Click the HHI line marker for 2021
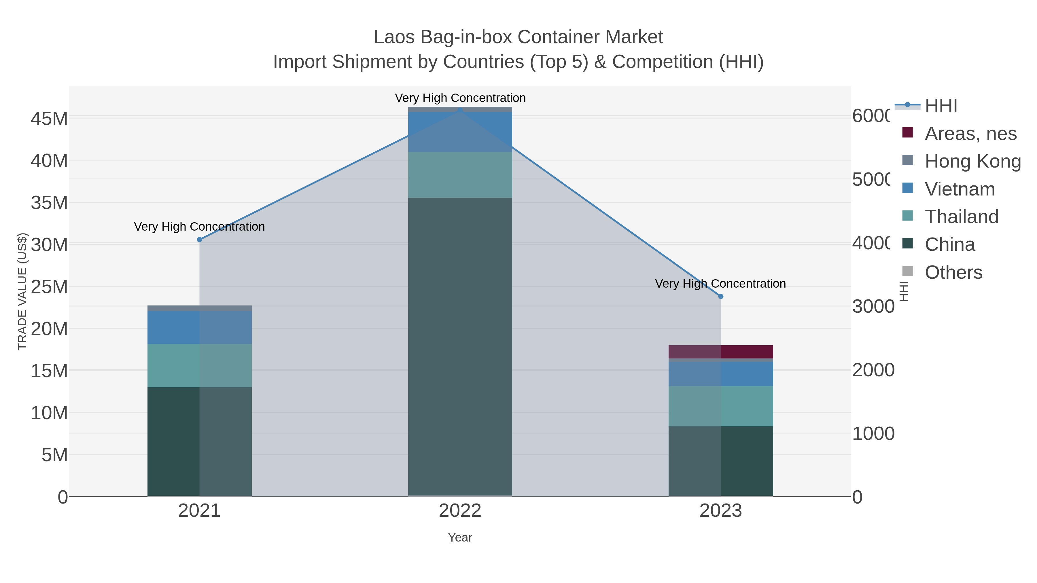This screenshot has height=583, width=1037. point(199,240)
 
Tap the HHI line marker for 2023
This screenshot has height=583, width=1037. point(721,297)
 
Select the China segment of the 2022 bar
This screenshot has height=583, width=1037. point(460,346)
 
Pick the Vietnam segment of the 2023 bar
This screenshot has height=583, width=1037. point(721,374)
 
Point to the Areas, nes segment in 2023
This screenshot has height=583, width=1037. point(721,352)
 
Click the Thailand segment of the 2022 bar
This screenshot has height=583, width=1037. point(460,175)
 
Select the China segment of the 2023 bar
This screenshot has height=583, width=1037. point(721,461)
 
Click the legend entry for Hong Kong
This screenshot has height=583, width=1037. point(972,161)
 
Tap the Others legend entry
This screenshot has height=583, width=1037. point(953,272)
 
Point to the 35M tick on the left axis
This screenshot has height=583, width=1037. point(49,203)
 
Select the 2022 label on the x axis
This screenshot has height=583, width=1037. point(460,511)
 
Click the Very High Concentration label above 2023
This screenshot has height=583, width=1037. point(720,284)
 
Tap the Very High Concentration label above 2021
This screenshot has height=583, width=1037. point(199,227)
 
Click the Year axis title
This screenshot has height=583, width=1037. point(460,538)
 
